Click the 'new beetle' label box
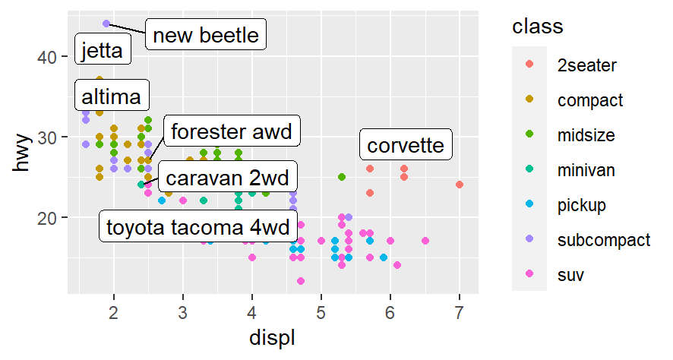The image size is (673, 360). pos(205,35)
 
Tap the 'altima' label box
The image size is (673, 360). pos(112,96)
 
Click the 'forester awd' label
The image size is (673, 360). pos(232,131)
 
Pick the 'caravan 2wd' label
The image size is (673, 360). pos(228,178)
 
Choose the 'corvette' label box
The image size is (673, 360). pos(406,145)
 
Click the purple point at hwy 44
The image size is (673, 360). pos(106,24)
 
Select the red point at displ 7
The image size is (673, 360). pos(460,185)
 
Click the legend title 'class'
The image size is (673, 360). pos(538,27)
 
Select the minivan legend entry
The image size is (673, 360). pos(586,170)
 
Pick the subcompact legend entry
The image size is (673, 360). pos(604,240)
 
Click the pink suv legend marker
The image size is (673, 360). pos(529,274)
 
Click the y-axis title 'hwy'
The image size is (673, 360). pos(24,152)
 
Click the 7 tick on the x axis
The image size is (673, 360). pos(460,312)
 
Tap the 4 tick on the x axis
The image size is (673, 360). pos(251,312)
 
